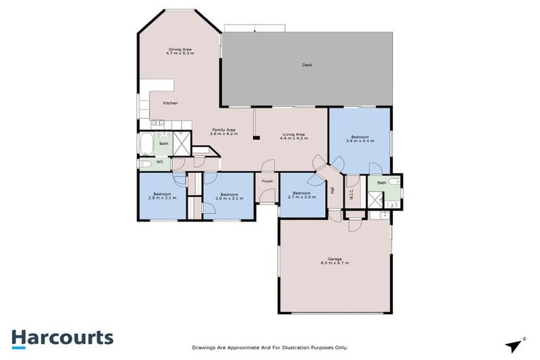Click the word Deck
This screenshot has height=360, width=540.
(x=307, y=65)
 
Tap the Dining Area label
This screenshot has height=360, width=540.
(x=180, y=49)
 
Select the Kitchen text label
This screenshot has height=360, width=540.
(x=170, y=103)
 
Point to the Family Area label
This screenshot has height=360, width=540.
(x=224, y=130)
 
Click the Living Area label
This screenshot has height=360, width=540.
(x=294, y=134)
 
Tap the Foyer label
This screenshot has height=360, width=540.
(x=267, y=181)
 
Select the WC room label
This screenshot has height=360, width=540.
(x=160, y=162)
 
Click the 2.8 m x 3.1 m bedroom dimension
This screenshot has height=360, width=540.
(x=162, y=198)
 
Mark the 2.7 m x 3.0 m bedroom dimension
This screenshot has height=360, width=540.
(x=302, y=197)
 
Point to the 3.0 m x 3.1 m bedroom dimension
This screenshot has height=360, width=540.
(x=230, y=198)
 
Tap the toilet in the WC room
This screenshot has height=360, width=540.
(x=146, y=164)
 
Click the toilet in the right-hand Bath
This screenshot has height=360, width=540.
(x=395, y=182)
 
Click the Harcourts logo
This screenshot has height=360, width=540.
(x=62, y=337)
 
